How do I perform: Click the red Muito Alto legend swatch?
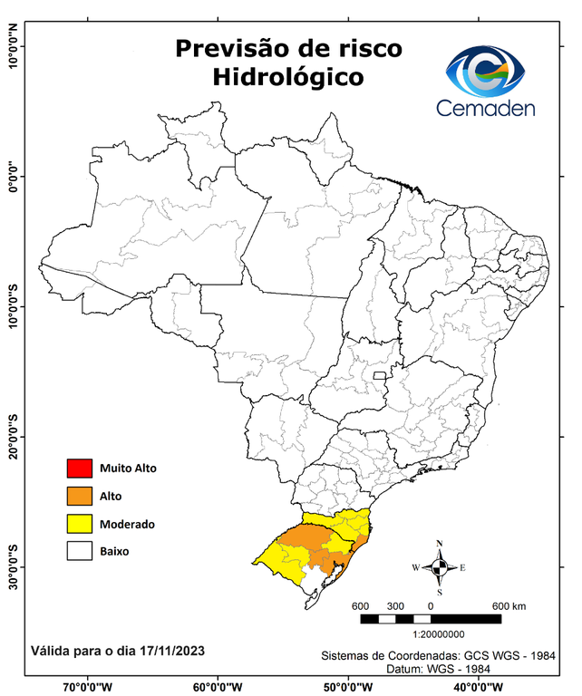pos(80,469)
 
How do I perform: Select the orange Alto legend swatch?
pos(80,496)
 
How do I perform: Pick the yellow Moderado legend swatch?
pos(80,524)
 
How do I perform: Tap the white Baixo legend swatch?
pos(80,551)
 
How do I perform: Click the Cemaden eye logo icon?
pos(486,72)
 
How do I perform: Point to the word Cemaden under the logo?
pos(486,109)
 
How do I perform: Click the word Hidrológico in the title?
pos(288,78)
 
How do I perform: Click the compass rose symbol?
pos(439,568)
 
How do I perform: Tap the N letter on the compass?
pos(440,544)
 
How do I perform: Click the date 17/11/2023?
pos(168,651)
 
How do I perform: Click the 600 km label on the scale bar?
pos(509,606)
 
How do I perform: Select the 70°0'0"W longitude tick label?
pos(87,686)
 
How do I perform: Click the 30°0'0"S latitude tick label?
pos(13,565)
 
